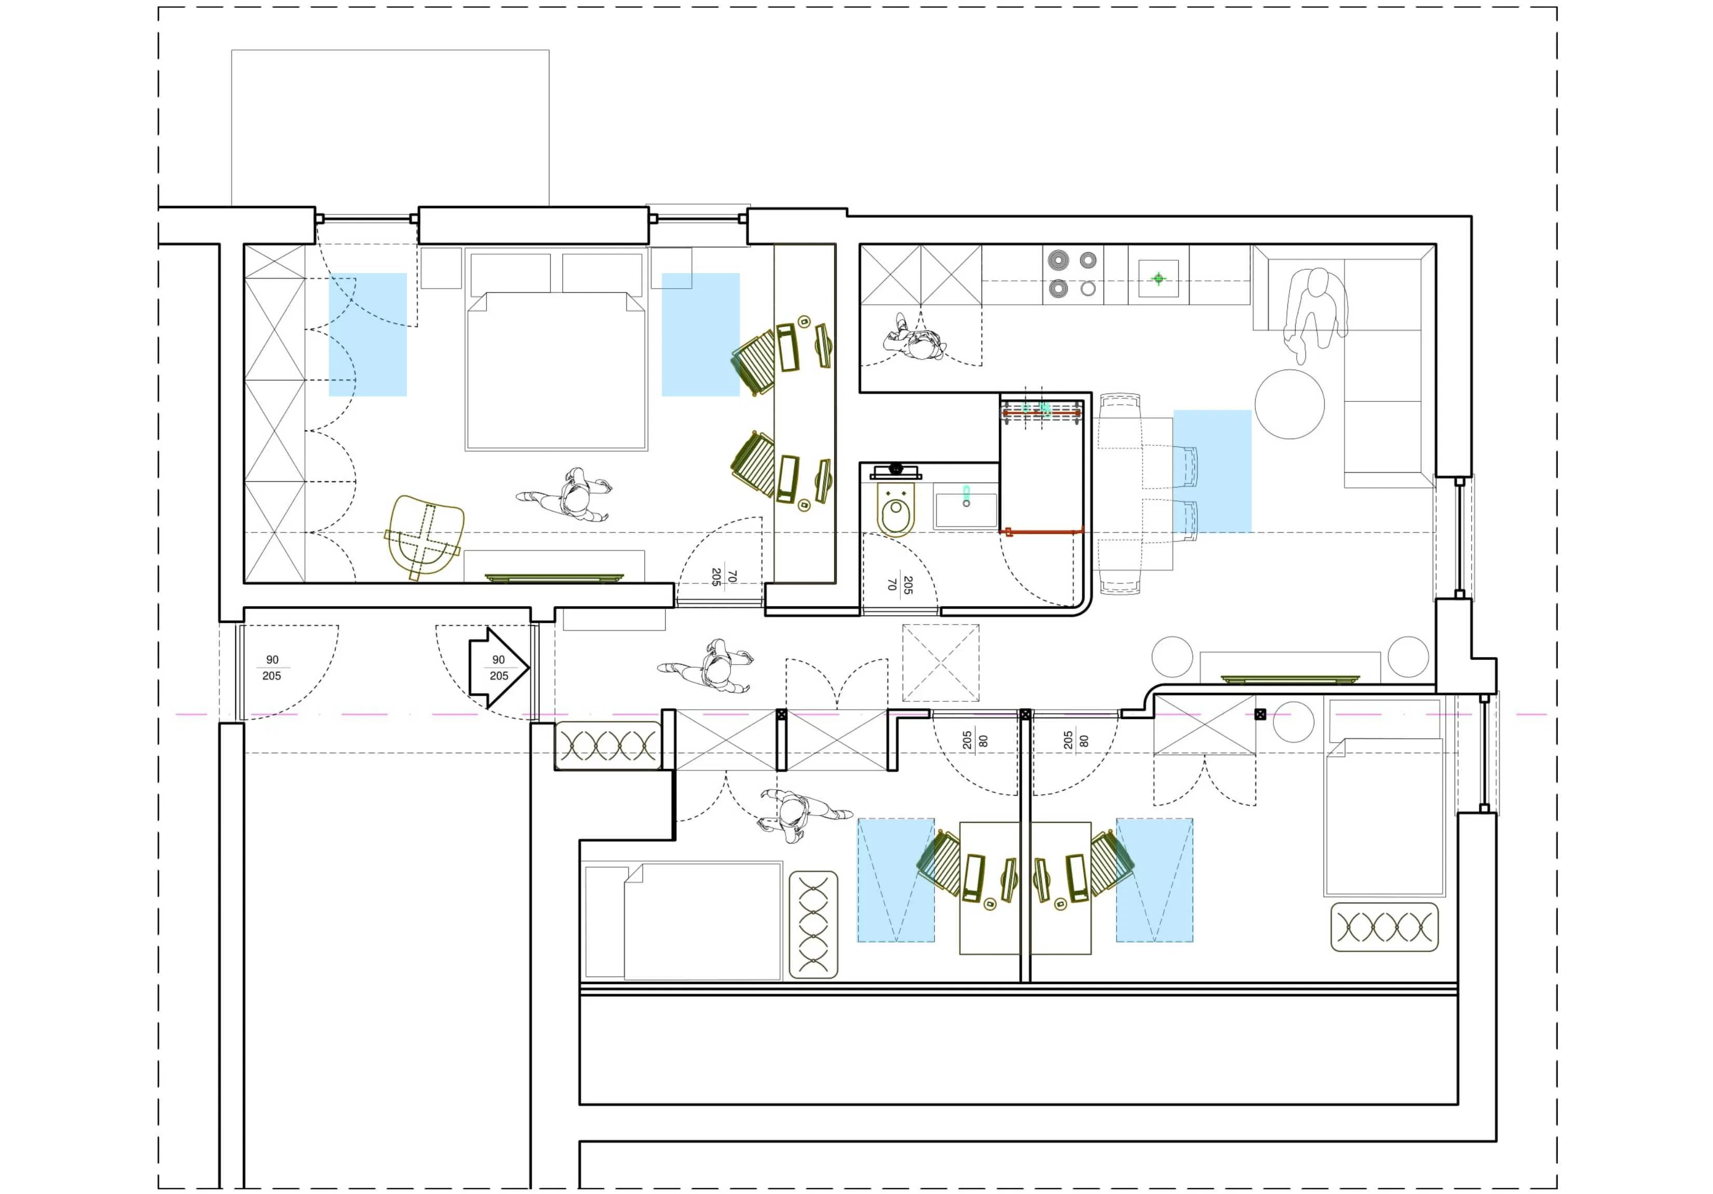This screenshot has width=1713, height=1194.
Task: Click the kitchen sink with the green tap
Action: pos(1158,278)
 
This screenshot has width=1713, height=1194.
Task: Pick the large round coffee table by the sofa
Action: pos(1289,404)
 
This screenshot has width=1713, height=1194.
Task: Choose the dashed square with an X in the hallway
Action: pos(940,662)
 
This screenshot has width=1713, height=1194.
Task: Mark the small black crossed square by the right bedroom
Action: pos(1260,714)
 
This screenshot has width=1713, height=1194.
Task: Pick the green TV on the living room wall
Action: pos(1290,679)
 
